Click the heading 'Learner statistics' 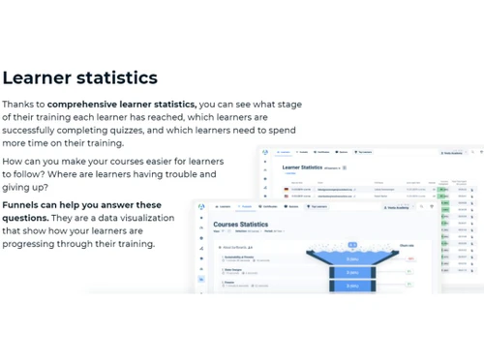pos(79,77)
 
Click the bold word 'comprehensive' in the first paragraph pos(87,104)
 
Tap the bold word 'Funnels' pos(24,205)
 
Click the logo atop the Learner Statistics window pos(266,152)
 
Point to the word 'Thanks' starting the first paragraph pos(21,104)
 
